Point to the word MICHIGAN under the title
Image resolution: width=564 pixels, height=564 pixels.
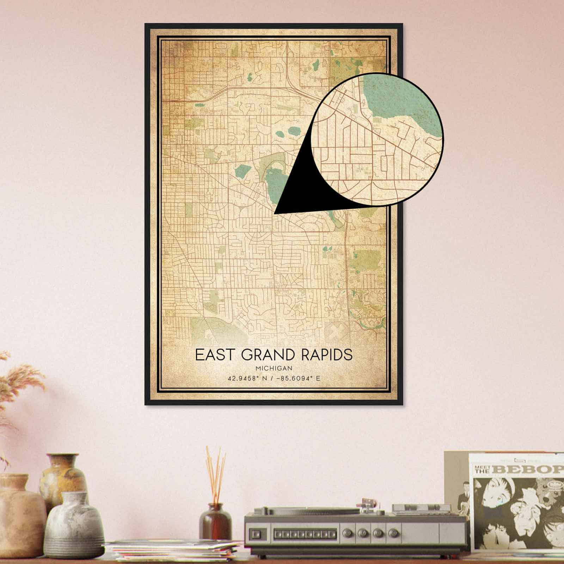[275, 368]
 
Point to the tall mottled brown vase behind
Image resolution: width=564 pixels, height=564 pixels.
[63, 479]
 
